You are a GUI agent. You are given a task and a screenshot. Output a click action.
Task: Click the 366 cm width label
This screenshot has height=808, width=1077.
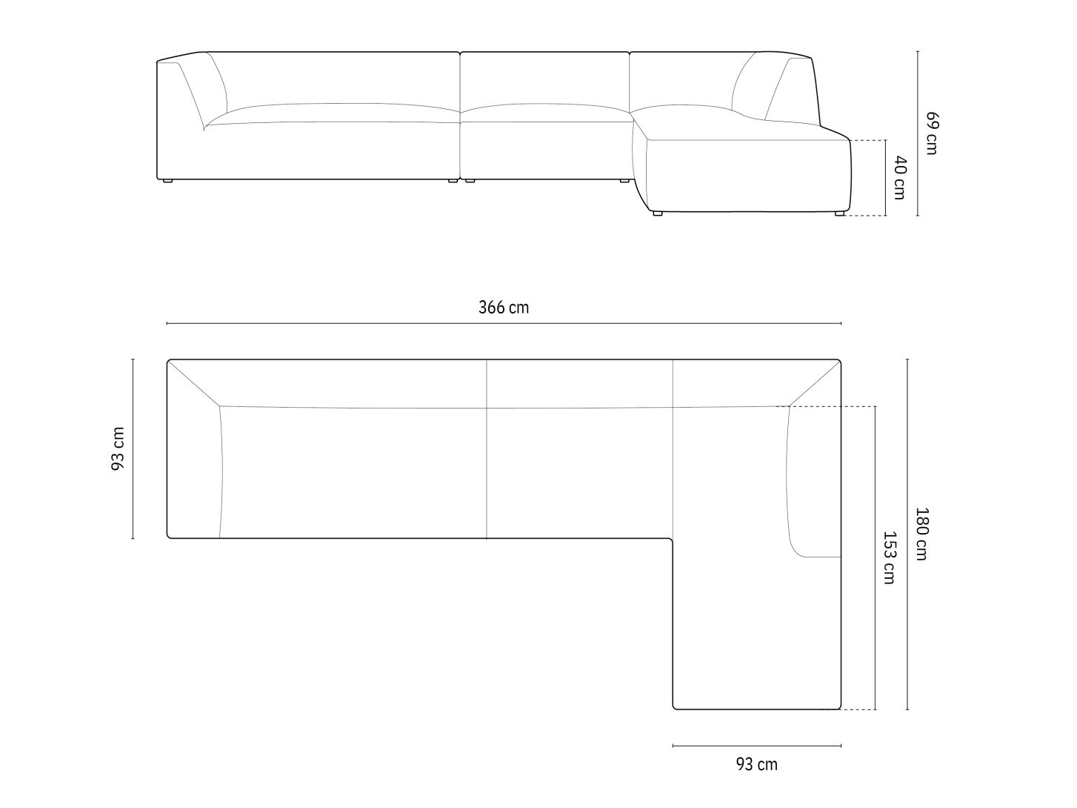tap(504, 308)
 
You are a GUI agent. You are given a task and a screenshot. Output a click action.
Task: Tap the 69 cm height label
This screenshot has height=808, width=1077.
tap(932, 133)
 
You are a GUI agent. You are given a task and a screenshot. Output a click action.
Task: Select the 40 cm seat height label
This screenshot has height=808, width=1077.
tap(899, 178)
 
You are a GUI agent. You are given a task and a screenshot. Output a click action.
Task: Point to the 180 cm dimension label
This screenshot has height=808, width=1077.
tap(921, 534)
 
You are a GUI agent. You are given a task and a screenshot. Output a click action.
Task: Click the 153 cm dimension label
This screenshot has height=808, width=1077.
tap(889, 557)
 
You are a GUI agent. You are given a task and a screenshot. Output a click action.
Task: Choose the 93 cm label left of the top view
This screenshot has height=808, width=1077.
tap(118, 448)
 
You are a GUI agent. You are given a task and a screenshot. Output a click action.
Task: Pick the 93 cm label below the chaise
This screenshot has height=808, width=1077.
tap(756, 764)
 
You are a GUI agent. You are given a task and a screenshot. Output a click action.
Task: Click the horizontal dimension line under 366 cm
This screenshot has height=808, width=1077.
tap(504, 323)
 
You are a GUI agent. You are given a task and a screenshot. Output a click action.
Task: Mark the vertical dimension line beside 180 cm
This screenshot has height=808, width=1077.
tap(907, 534)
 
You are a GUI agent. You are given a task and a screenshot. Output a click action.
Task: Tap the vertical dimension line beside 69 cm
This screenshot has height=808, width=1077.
tap(918, 133)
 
